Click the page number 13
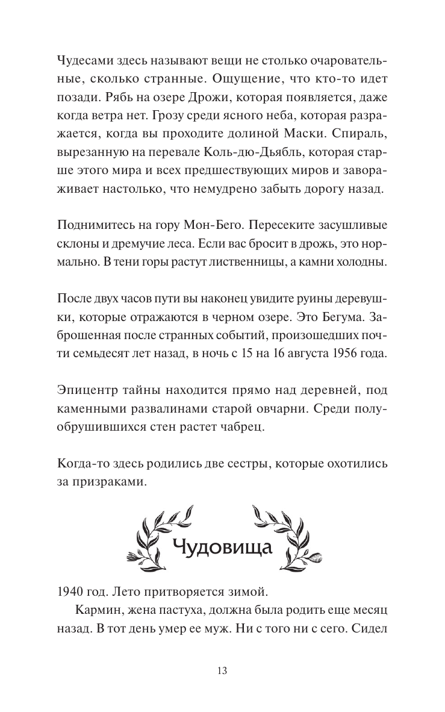[x=222, y=670]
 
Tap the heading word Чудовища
[x=223, y=548]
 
